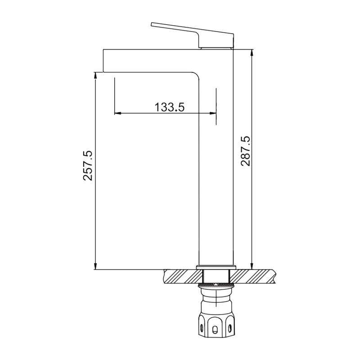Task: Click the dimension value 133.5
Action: [170, 107]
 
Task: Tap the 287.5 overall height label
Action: [245, 151]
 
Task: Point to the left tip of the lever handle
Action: [153, 24]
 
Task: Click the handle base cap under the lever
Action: [217, 46]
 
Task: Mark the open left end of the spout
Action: [104, 60]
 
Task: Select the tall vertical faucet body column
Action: [216, 171]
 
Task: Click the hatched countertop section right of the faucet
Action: [254, 276]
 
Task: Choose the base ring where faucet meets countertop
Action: [216, 268]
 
